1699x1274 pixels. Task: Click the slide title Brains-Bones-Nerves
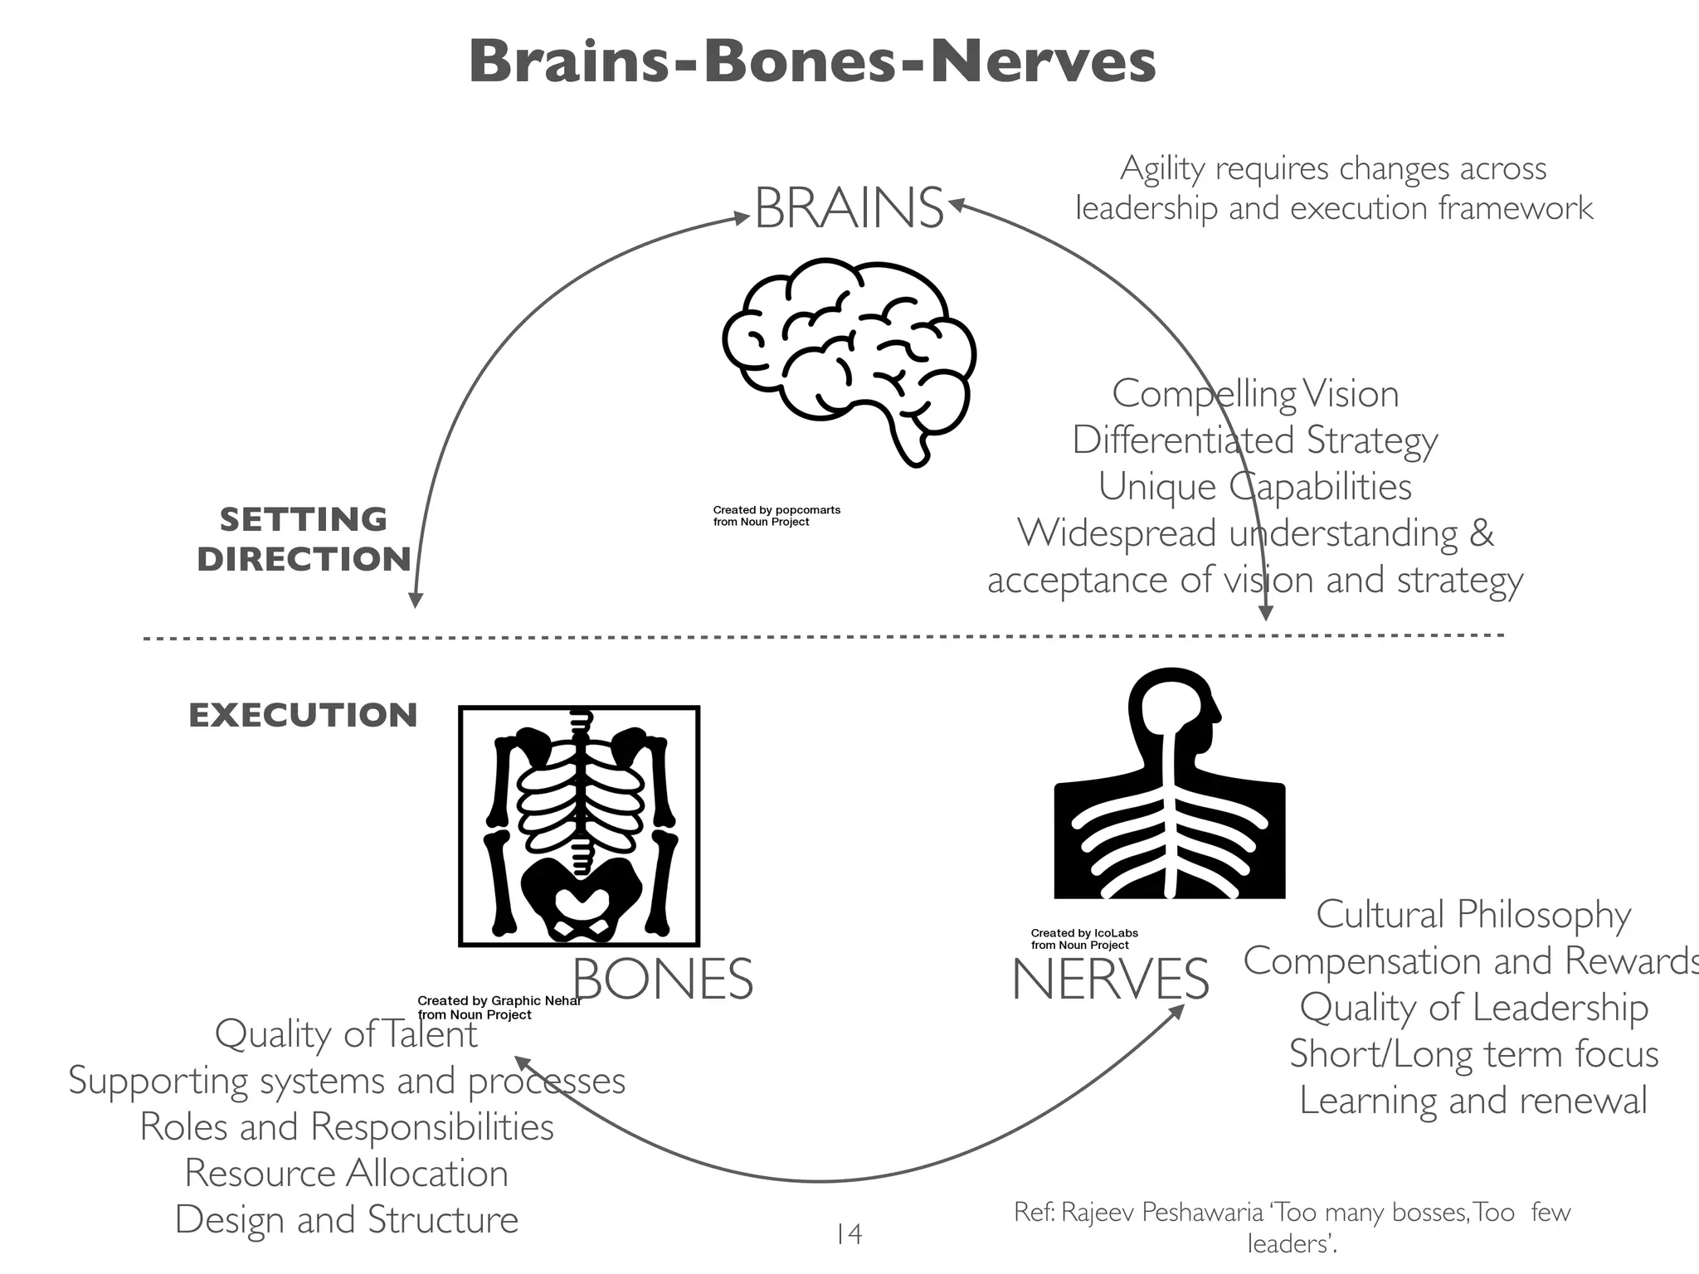[x=811, y=63]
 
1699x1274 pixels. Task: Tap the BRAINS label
[x=849, y=208]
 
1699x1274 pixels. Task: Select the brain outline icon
[x=849, y=361]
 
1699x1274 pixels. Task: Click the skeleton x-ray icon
[x=579, y=826]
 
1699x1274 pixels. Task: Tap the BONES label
[x=662, y=980]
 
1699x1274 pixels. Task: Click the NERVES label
[x=1110, y=980]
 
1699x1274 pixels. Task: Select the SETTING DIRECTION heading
[x=304, y=539]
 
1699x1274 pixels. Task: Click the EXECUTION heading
[x=303, y=716]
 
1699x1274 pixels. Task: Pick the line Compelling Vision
[x=1254, y=394]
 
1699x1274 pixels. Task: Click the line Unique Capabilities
[x=1254, y=487]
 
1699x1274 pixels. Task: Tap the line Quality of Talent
[x=346, y=1034]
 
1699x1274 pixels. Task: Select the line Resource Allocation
[x=346, y=1174]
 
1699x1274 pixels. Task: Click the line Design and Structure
[x=346, y=1220]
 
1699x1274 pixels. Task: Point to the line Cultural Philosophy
[x=1473, y=915]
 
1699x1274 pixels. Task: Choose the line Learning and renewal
[x=1473, y=1101]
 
